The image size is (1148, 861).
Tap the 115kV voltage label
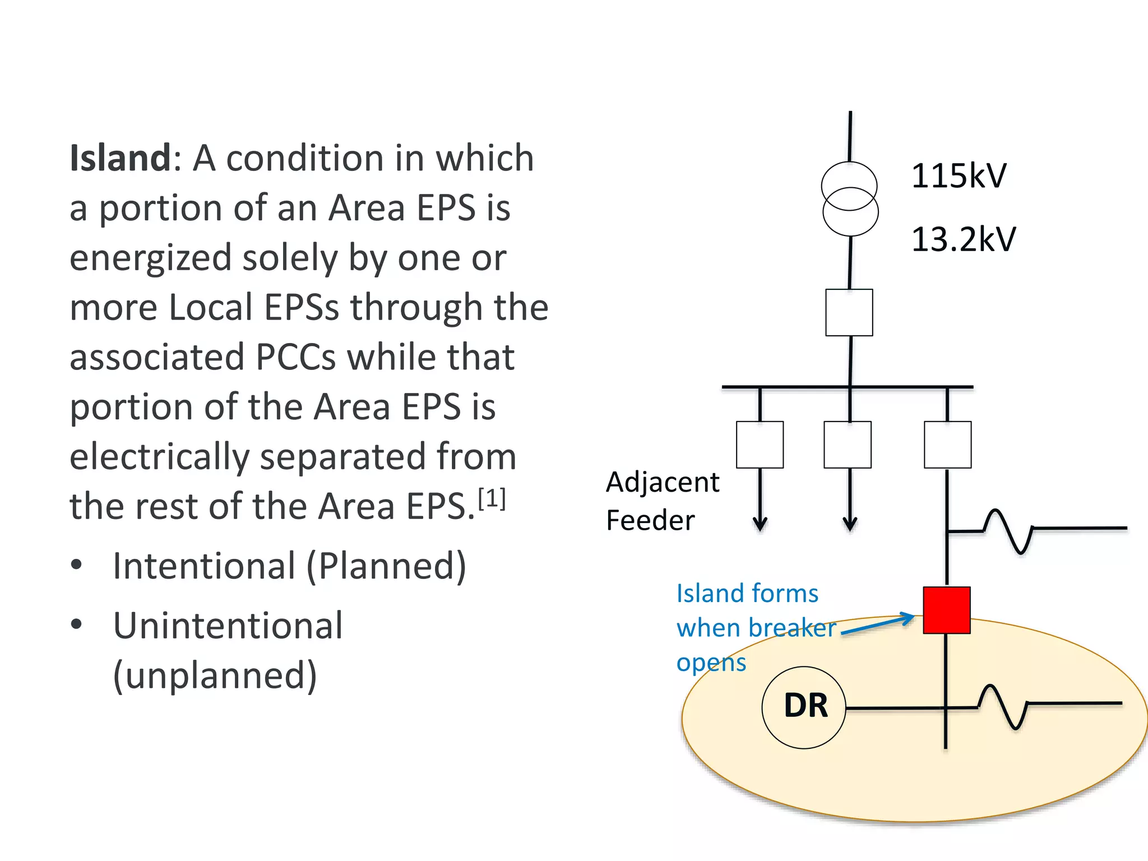point(959,175)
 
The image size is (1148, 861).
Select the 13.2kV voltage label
point(963,239)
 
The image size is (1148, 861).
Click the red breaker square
point(947,610)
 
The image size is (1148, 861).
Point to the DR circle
point(804,707)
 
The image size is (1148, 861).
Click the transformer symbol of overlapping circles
point(850,199)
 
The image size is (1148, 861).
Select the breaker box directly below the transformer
point(849,312)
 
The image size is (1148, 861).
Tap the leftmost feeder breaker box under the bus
point(760,445)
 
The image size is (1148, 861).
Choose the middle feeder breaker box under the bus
point(848,445)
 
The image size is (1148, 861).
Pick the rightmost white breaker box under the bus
point(947,445)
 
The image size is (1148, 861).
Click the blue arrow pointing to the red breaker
point(878,625)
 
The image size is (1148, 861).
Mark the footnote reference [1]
point(492,498)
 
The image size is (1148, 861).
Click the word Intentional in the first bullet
point(204,566)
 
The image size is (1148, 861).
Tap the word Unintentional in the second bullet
point(228,626)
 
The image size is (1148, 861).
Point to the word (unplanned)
point(215,675)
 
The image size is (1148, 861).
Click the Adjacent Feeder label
point(662,501)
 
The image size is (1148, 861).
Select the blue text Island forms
point(747,594)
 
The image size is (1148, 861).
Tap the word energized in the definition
point(150,258)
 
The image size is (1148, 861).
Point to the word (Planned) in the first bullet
point(386,566)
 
